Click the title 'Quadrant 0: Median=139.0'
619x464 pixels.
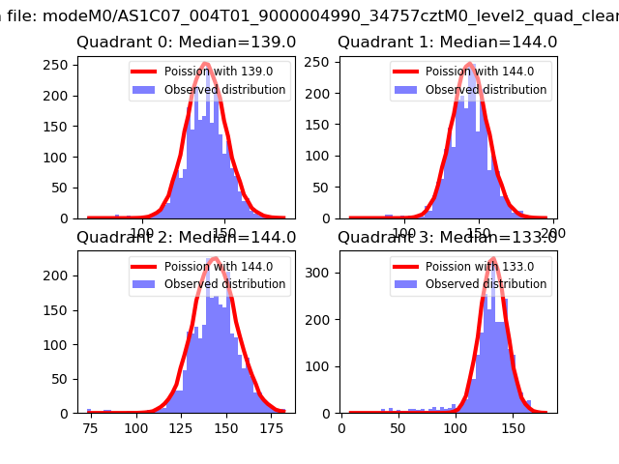(x=186, y=43)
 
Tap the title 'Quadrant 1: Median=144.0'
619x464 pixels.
(x=447, y=43)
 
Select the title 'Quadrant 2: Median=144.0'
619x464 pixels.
(x=186, y=237)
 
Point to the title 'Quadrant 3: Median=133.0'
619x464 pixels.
(x=447, y=237)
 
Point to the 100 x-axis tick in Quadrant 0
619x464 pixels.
(x=143, y=232)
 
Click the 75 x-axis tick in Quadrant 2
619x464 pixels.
(x=90, y=426)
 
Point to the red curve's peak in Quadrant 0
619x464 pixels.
(x=204, y=64)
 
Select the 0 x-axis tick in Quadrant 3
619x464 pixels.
(x=342, y=426)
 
